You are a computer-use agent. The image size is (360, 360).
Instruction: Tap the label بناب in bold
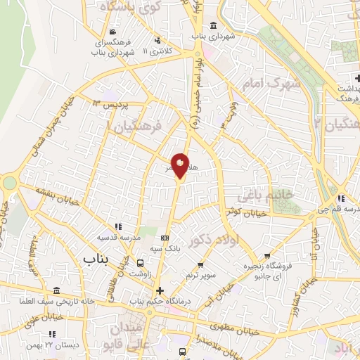tap(97, 259)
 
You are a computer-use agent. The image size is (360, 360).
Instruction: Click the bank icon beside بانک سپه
tap(165, 238)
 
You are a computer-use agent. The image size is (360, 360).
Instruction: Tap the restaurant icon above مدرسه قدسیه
tap(118, 226)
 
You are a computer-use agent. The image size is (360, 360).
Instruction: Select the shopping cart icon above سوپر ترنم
tap(201, 265)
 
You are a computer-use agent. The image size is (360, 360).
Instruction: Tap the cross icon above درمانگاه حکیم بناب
tap(160, 290)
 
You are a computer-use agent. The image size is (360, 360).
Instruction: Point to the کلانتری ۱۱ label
tap(156, 51)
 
